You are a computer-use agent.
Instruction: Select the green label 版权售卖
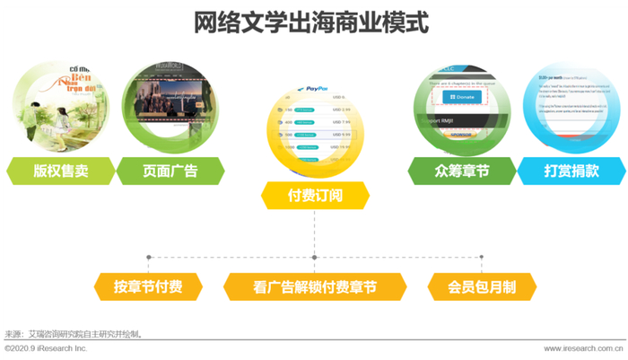61,171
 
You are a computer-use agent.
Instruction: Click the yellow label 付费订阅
315,195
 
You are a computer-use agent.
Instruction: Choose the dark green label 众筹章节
461,171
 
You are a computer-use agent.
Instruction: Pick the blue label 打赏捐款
571,171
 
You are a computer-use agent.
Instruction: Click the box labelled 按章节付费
148,287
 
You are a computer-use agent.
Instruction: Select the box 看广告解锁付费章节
314,287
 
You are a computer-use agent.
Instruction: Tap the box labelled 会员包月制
482,287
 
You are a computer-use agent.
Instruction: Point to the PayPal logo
310,90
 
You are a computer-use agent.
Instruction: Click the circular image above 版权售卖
55,105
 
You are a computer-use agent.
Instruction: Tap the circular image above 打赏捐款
572,105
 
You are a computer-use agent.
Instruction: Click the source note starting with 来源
74,334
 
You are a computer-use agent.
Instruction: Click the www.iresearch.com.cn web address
583,348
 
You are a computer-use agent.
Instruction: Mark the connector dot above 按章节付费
149,258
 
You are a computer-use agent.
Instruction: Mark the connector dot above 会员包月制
482,258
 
